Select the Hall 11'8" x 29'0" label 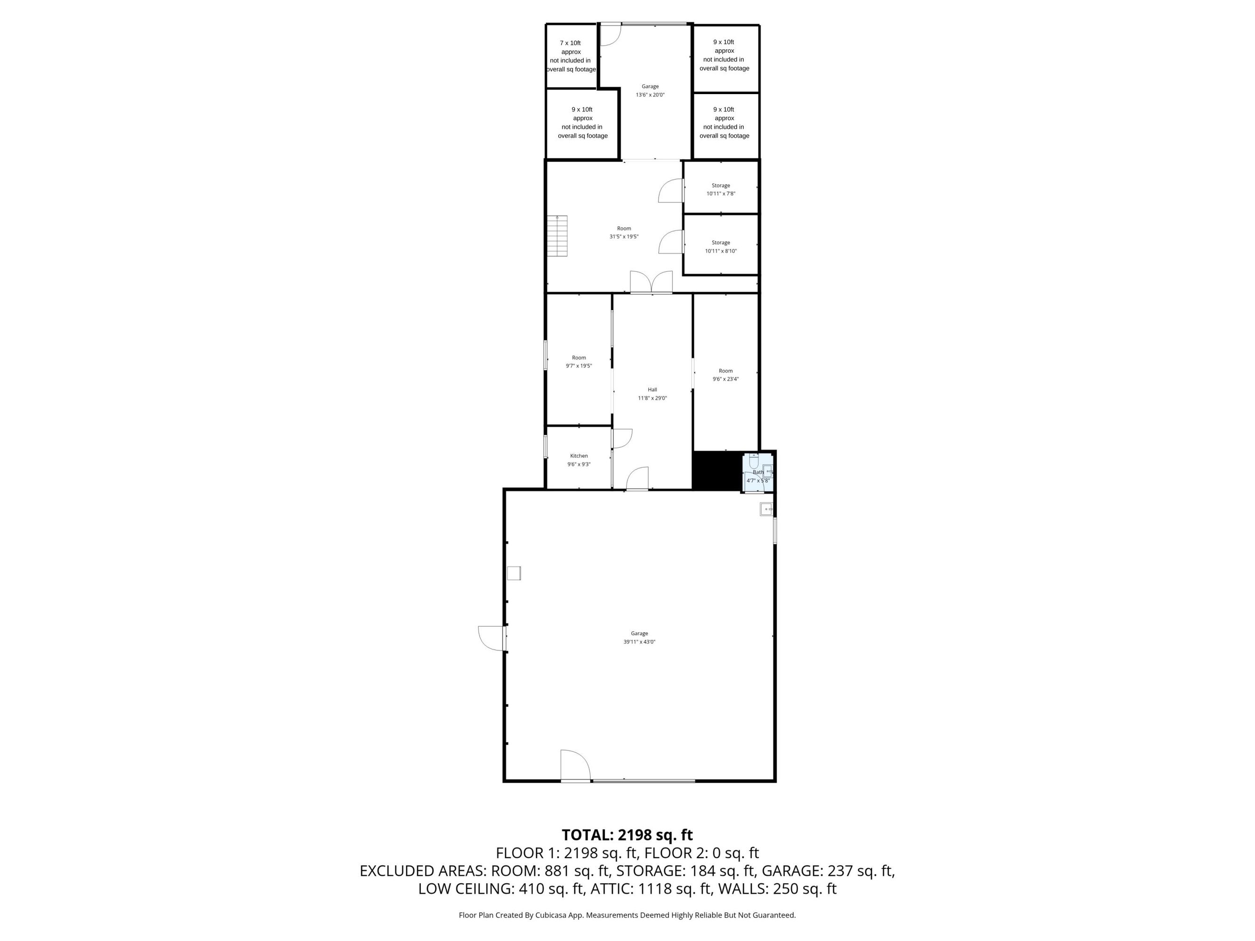point(652,394)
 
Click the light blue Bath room point(758,472)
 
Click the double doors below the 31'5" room point(652,282)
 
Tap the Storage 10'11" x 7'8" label point(721,190)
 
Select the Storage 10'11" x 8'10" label point(721,247)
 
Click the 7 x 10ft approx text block point(571,56)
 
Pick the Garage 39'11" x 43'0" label point(639,638)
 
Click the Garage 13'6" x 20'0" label point(650,91)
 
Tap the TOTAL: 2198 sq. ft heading point(627,835)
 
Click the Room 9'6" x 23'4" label point(726,375)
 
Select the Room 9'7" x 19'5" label point(579,362)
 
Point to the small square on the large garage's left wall point(514,573)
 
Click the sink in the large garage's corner point(766,510)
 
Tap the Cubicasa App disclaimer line point(627,915)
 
